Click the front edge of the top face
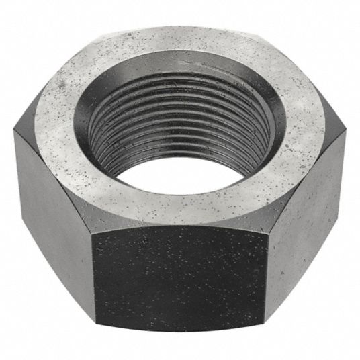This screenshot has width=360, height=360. point(180,220)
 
